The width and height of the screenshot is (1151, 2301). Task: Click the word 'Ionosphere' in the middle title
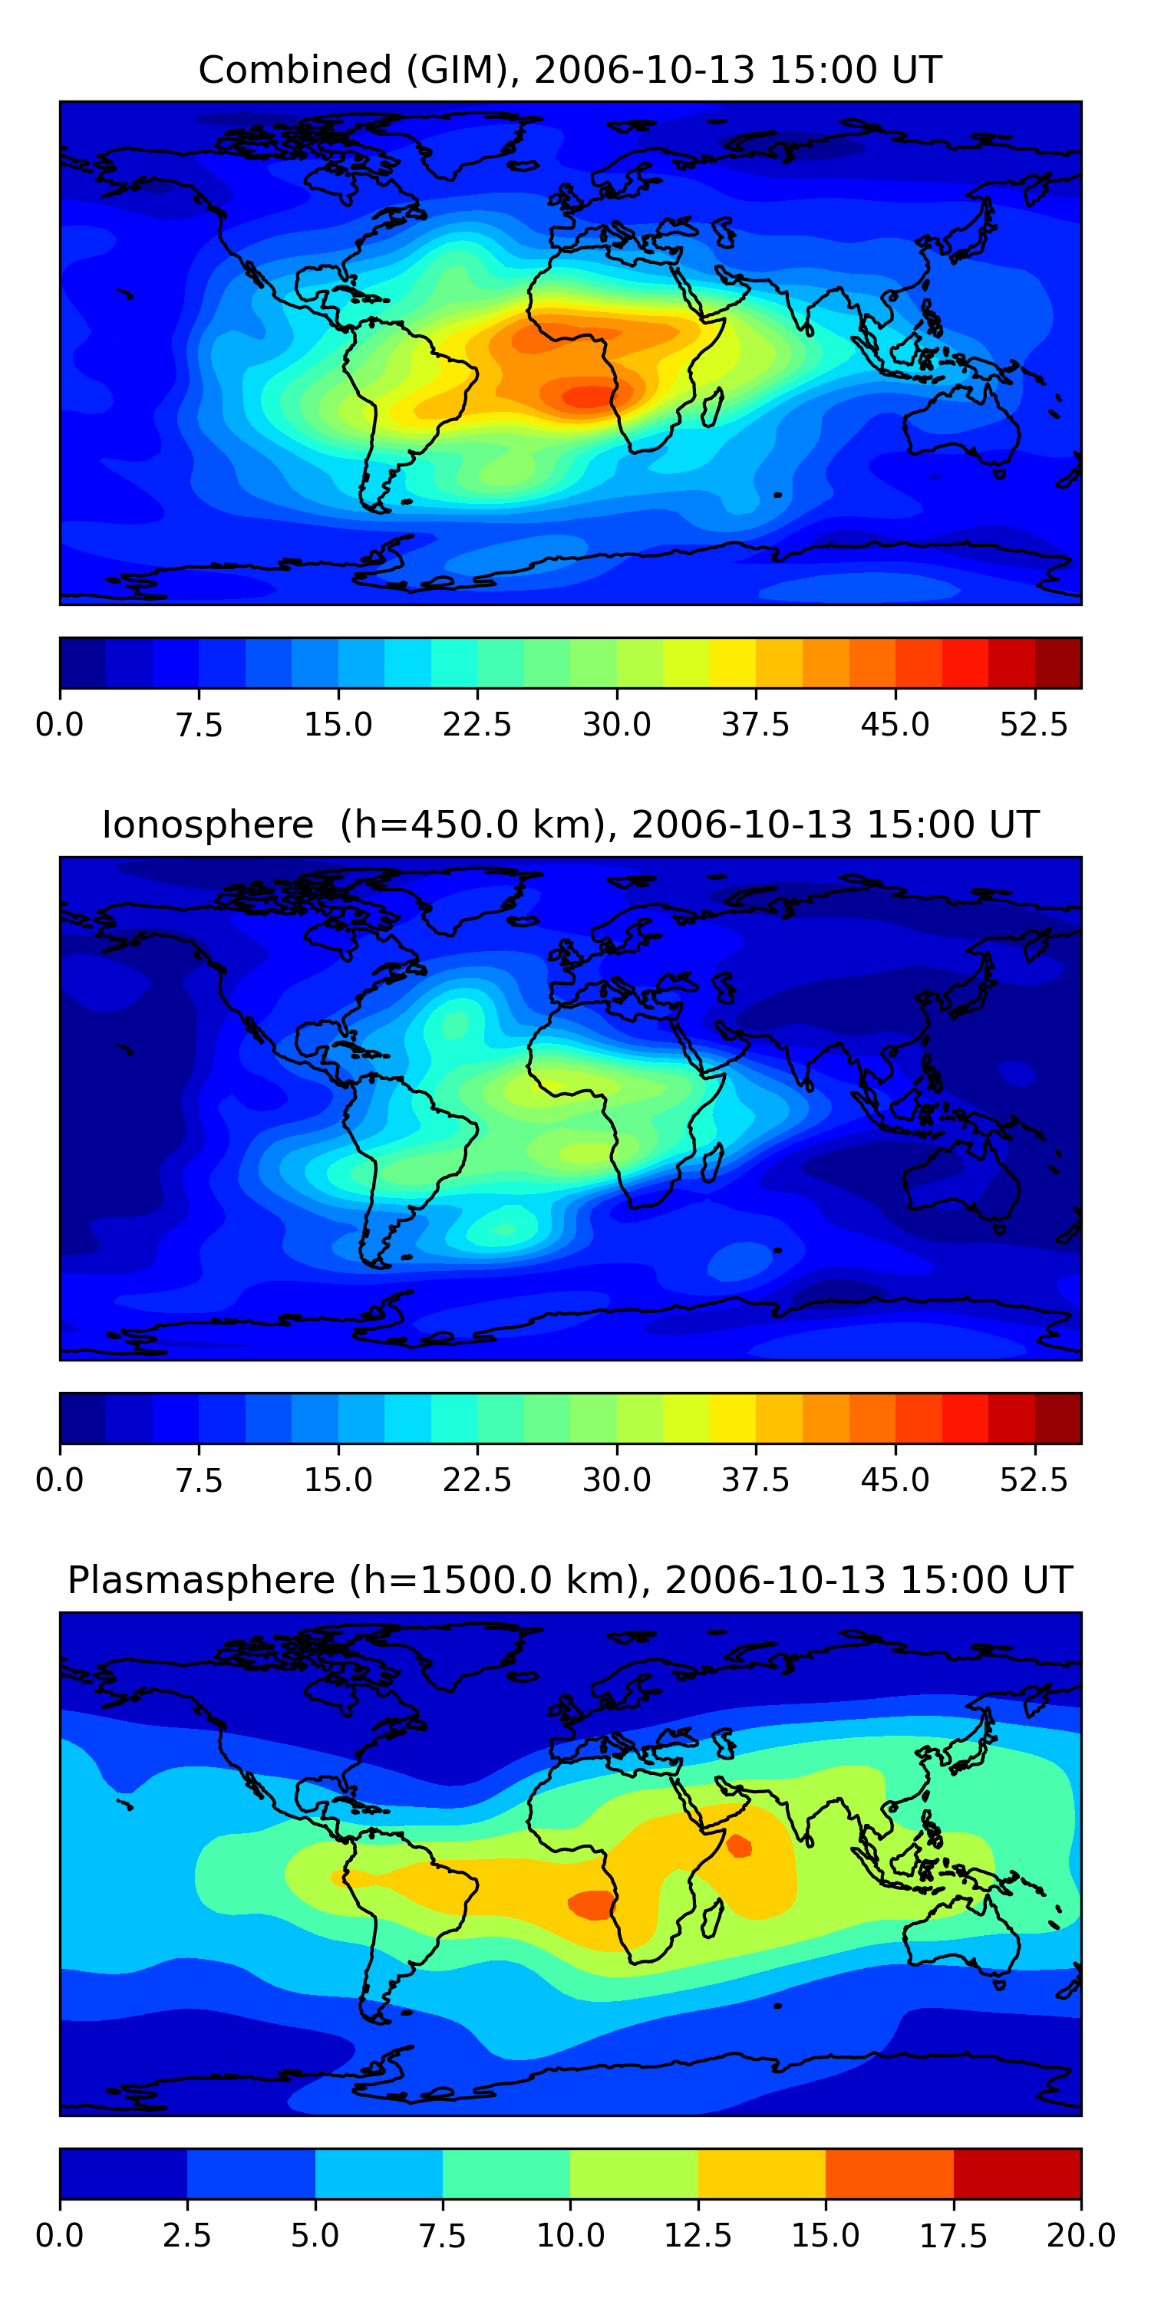click(x=207, y=825)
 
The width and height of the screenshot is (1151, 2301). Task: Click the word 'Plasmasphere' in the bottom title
click(x=201, y=1580)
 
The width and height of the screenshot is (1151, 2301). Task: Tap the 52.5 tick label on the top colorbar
click(x=1034, y=724)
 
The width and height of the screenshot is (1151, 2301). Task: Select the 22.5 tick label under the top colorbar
click(x=477, y=724)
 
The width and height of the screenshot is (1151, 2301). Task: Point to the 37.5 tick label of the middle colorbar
click(x=755, y=1480)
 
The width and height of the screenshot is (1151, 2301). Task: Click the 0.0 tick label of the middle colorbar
click(x=60, y=1480)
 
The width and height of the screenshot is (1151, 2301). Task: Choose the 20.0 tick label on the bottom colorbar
click(x=1081, y=2236)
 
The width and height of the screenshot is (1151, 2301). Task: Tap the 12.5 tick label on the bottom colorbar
click(x=698, y=2236)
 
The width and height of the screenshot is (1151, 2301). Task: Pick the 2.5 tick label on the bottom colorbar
click(x=186, y=2236)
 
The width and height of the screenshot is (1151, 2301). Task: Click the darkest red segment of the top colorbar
click(x=1058, y=663)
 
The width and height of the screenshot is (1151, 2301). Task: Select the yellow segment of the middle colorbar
click(x=733, y=1418)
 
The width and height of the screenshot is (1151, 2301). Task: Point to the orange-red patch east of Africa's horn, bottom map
click(x=739, y=1845)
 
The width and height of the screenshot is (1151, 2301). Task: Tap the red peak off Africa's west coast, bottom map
click(x=591, y=1904)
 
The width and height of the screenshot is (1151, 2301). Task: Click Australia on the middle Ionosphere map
click(x=961, y=1182)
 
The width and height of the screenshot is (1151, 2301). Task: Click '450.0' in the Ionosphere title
click(x=467, y=825)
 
